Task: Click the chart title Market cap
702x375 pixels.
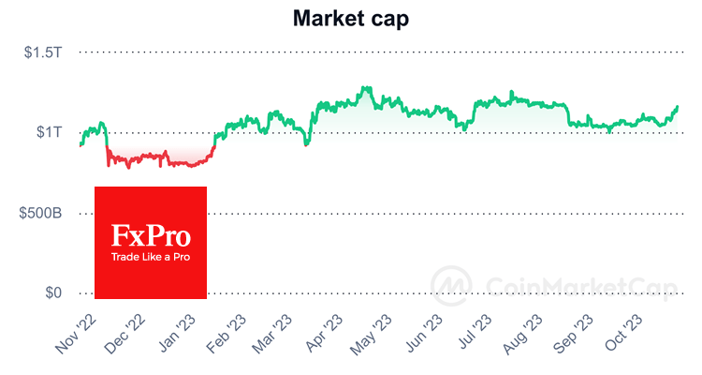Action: click(350, 18)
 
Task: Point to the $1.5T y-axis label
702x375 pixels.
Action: click(43, 52)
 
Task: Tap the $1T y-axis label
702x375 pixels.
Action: click(49, 132)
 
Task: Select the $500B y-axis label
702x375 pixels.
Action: click(41, 213)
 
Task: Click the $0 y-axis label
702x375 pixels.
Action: click(53, 293)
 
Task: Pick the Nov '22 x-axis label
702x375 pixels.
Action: click(76, 334)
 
